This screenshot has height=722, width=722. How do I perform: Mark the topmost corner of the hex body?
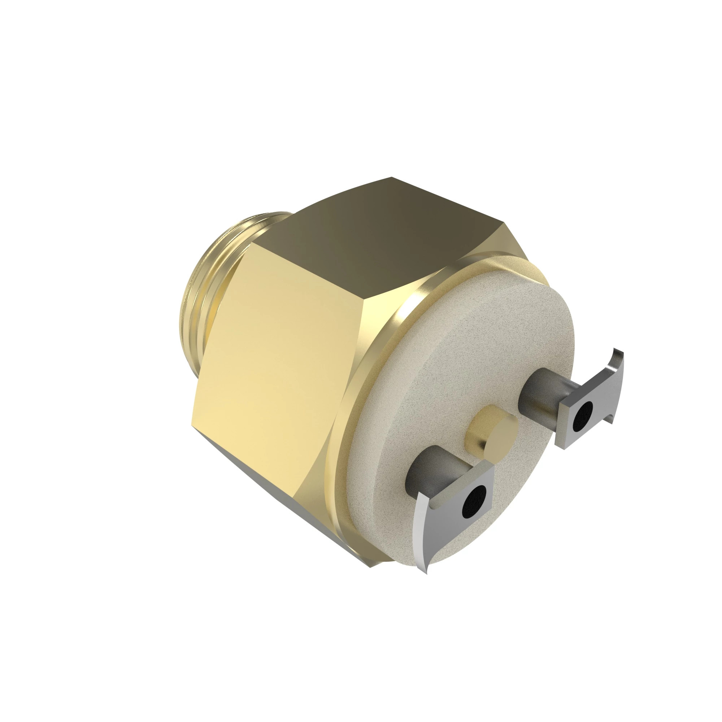[x=391, y=178]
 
